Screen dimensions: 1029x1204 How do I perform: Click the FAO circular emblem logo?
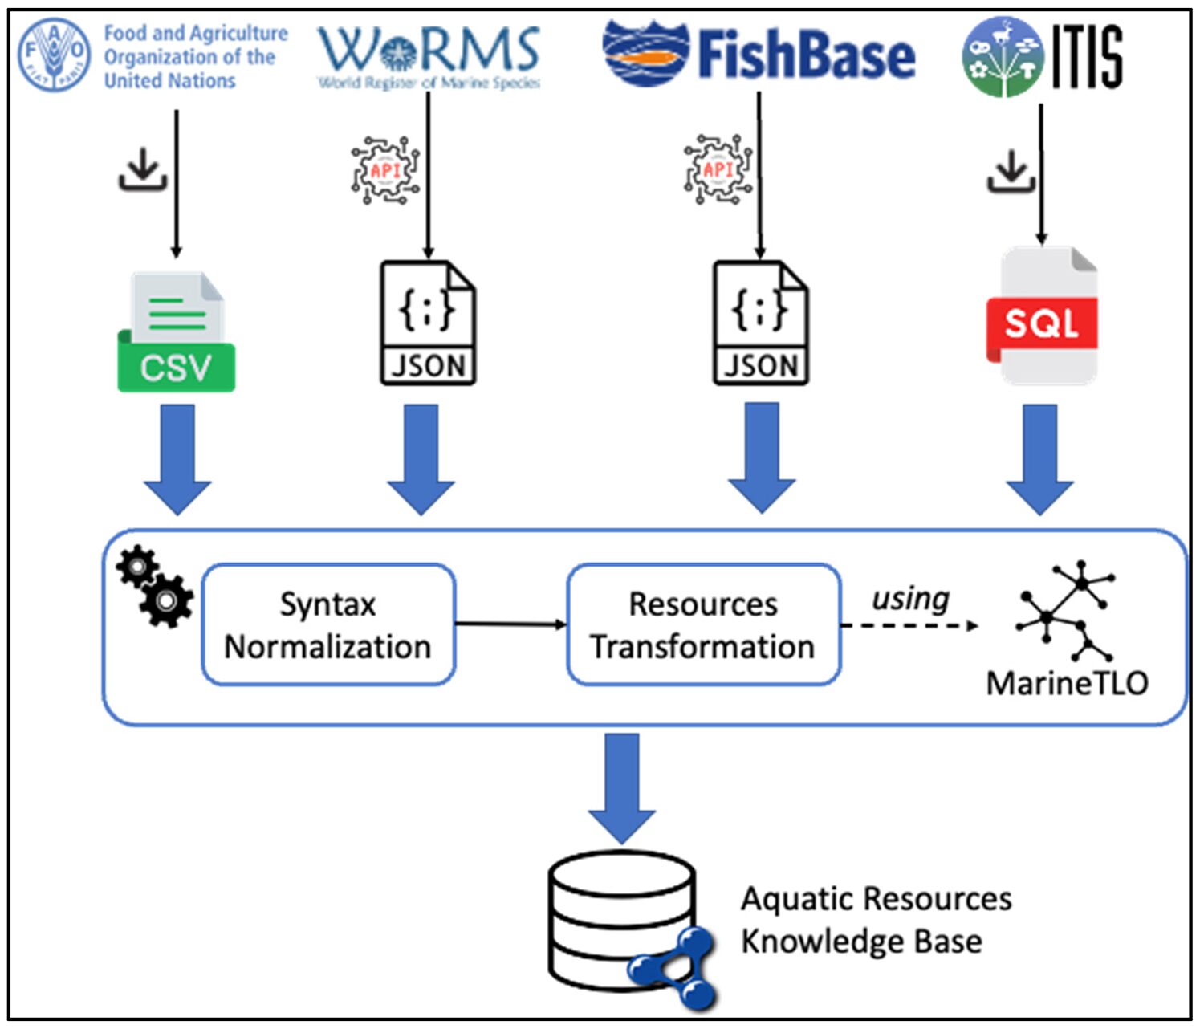tap(54, 55)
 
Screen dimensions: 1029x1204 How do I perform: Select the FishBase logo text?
tap(806, 55)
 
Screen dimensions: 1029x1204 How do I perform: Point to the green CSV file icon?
tap(177, 332)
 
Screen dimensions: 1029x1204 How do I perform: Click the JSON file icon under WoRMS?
tap(428, 323)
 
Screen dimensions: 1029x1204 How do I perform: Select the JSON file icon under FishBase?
tap(761, 323)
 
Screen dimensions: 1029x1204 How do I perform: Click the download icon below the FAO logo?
tap(143, 170)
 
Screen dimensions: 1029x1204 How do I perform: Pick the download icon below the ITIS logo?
tap(1011, 170)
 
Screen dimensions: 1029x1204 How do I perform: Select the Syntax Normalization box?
tap(328, 624)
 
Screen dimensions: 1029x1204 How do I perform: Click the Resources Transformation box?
tap(704, 624)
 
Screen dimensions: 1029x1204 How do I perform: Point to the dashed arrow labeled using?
tap(909, 624)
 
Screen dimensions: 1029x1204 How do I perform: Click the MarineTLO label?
tap(1067, 683)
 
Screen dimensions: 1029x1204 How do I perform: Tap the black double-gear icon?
tap(155, 586)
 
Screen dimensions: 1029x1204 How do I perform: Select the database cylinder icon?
tap(621, 921)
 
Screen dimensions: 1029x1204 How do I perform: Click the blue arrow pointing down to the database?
tap(622, 786)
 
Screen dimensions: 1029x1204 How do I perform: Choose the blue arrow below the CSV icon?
tap(177, 458)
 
